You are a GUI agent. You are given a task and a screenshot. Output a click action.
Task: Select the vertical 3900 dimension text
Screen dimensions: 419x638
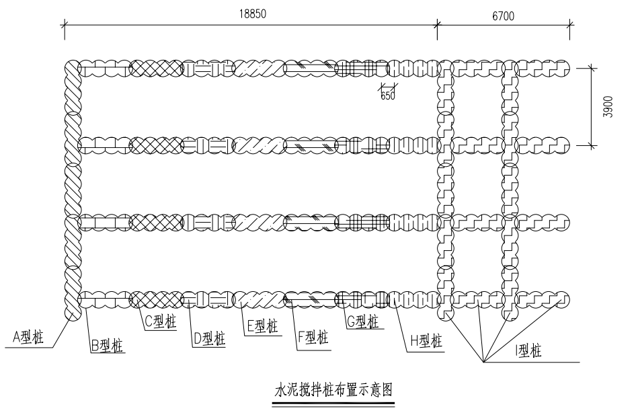click(608, 107)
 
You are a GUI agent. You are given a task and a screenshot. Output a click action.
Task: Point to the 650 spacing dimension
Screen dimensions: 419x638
click(388, 95)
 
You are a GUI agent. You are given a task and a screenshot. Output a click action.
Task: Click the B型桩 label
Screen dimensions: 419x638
click(107, 346)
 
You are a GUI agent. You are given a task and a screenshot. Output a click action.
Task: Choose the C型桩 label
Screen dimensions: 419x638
click(160, 322)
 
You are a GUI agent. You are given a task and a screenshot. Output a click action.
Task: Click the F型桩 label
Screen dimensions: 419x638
click(313, 337)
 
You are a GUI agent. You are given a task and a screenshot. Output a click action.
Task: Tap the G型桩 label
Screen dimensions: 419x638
click(364, 322)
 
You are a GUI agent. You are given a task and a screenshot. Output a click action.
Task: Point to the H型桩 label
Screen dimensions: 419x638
click(426, 340)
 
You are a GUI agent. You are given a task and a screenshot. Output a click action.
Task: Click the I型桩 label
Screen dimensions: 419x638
click(535, 350)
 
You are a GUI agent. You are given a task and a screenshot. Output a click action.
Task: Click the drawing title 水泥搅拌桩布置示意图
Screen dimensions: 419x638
click(332, 389)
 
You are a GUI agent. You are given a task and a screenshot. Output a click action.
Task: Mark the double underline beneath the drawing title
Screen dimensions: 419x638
click(332, 405)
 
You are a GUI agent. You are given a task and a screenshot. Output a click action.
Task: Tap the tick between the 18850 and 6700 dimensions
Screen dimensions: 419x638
click(438, 26)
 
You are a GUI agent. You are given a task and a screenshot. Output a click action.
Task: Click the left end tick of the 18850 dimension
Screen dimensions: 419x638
click(65, 26)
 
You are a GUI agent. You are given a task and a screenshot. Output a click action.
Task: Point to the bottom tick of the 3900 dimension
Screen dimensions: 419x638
click(592, 145)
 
